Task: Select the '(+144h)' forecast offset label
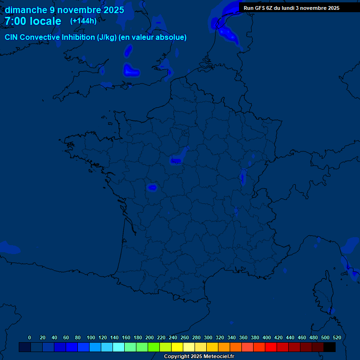click(x=83, y=21)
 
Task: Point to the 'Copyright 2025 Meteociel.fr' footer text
click(x=199, y=357)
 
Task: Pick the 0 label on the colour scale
click(x=30, y=337)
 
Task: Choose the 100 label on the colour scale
click(x=91, y=337)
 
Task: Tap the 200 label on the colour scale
click(x=150, y=337)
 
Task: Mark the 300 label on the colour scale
click(x=208, y=337)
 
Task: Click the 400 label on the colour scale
click(x=267, y=337)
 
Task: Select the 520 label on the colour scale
click(x=337, y=337)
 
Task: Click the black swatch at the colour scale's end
click(x=330, y=347)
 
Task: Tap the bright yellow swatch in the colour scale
click(x=177, y=347)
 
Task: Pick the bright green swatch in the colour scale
click(x=154, y=347)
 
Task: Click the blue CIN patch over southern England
click(x=131, y=71)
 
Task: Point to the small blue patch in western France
click(x=152, y=187)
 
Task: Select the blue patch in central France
click(x=176, y=161)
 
